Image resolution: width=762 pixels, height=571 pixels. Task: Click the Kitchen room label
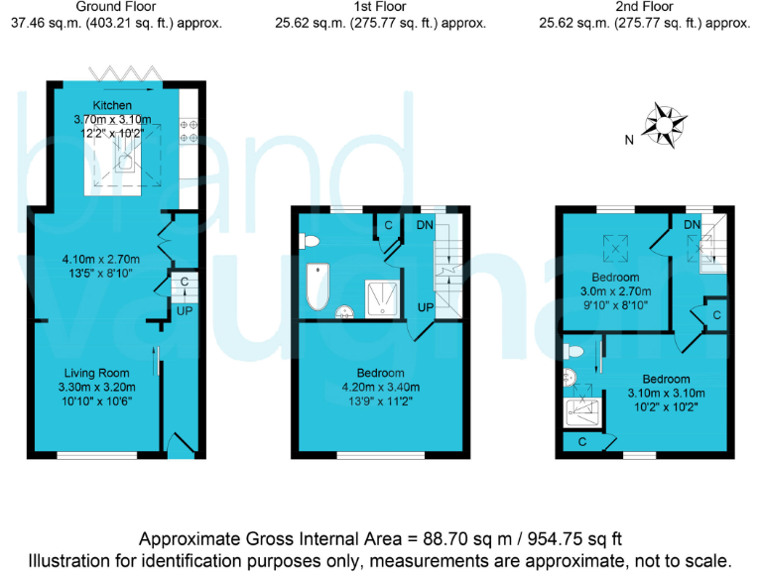112,105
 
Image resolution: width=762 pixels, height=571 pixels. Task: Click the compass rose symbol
666,125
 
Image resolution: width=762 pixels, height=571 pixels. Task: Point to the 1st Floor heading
380,6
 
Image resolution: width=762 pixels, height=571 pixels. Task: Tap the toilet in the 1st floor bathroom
310,242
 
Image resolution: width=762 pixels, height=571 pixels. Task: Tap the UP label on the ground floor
184,311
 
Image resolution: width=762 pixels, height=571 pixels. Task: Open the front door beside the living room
180,445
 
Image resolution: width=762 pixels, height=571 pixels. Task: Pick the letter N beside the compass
629,141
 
